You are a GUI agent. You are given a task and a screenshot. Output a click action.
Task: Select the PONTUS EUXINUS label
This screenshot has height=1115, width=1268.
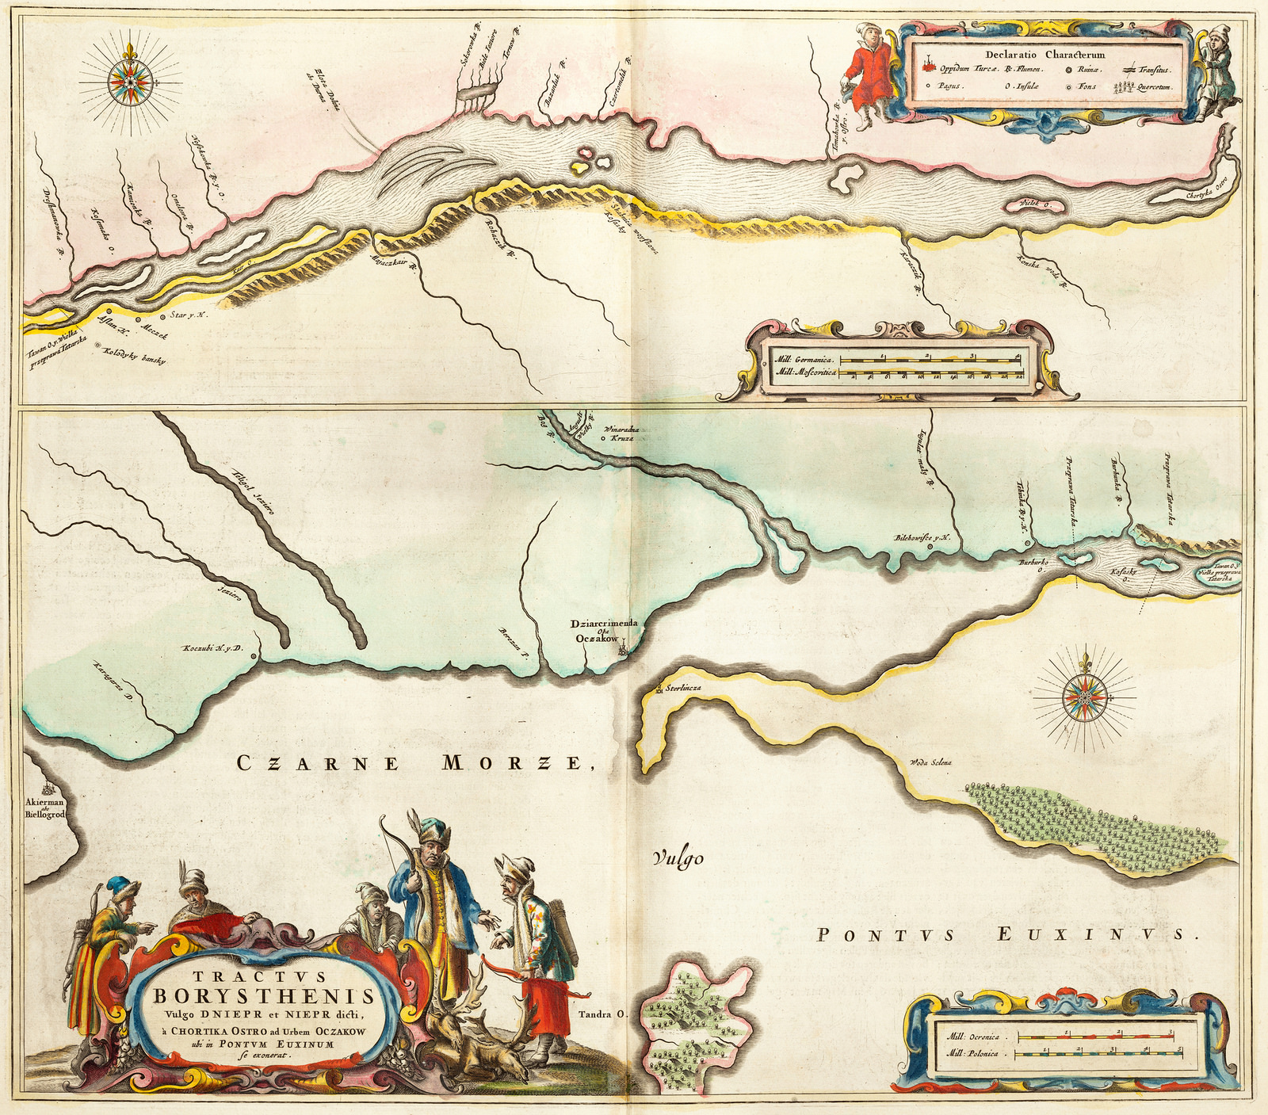(x=1003, y=935)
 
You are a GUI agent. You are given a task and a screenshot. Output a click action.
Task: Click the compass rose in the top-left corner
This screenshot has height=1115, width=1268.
(x=127, y=80)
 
